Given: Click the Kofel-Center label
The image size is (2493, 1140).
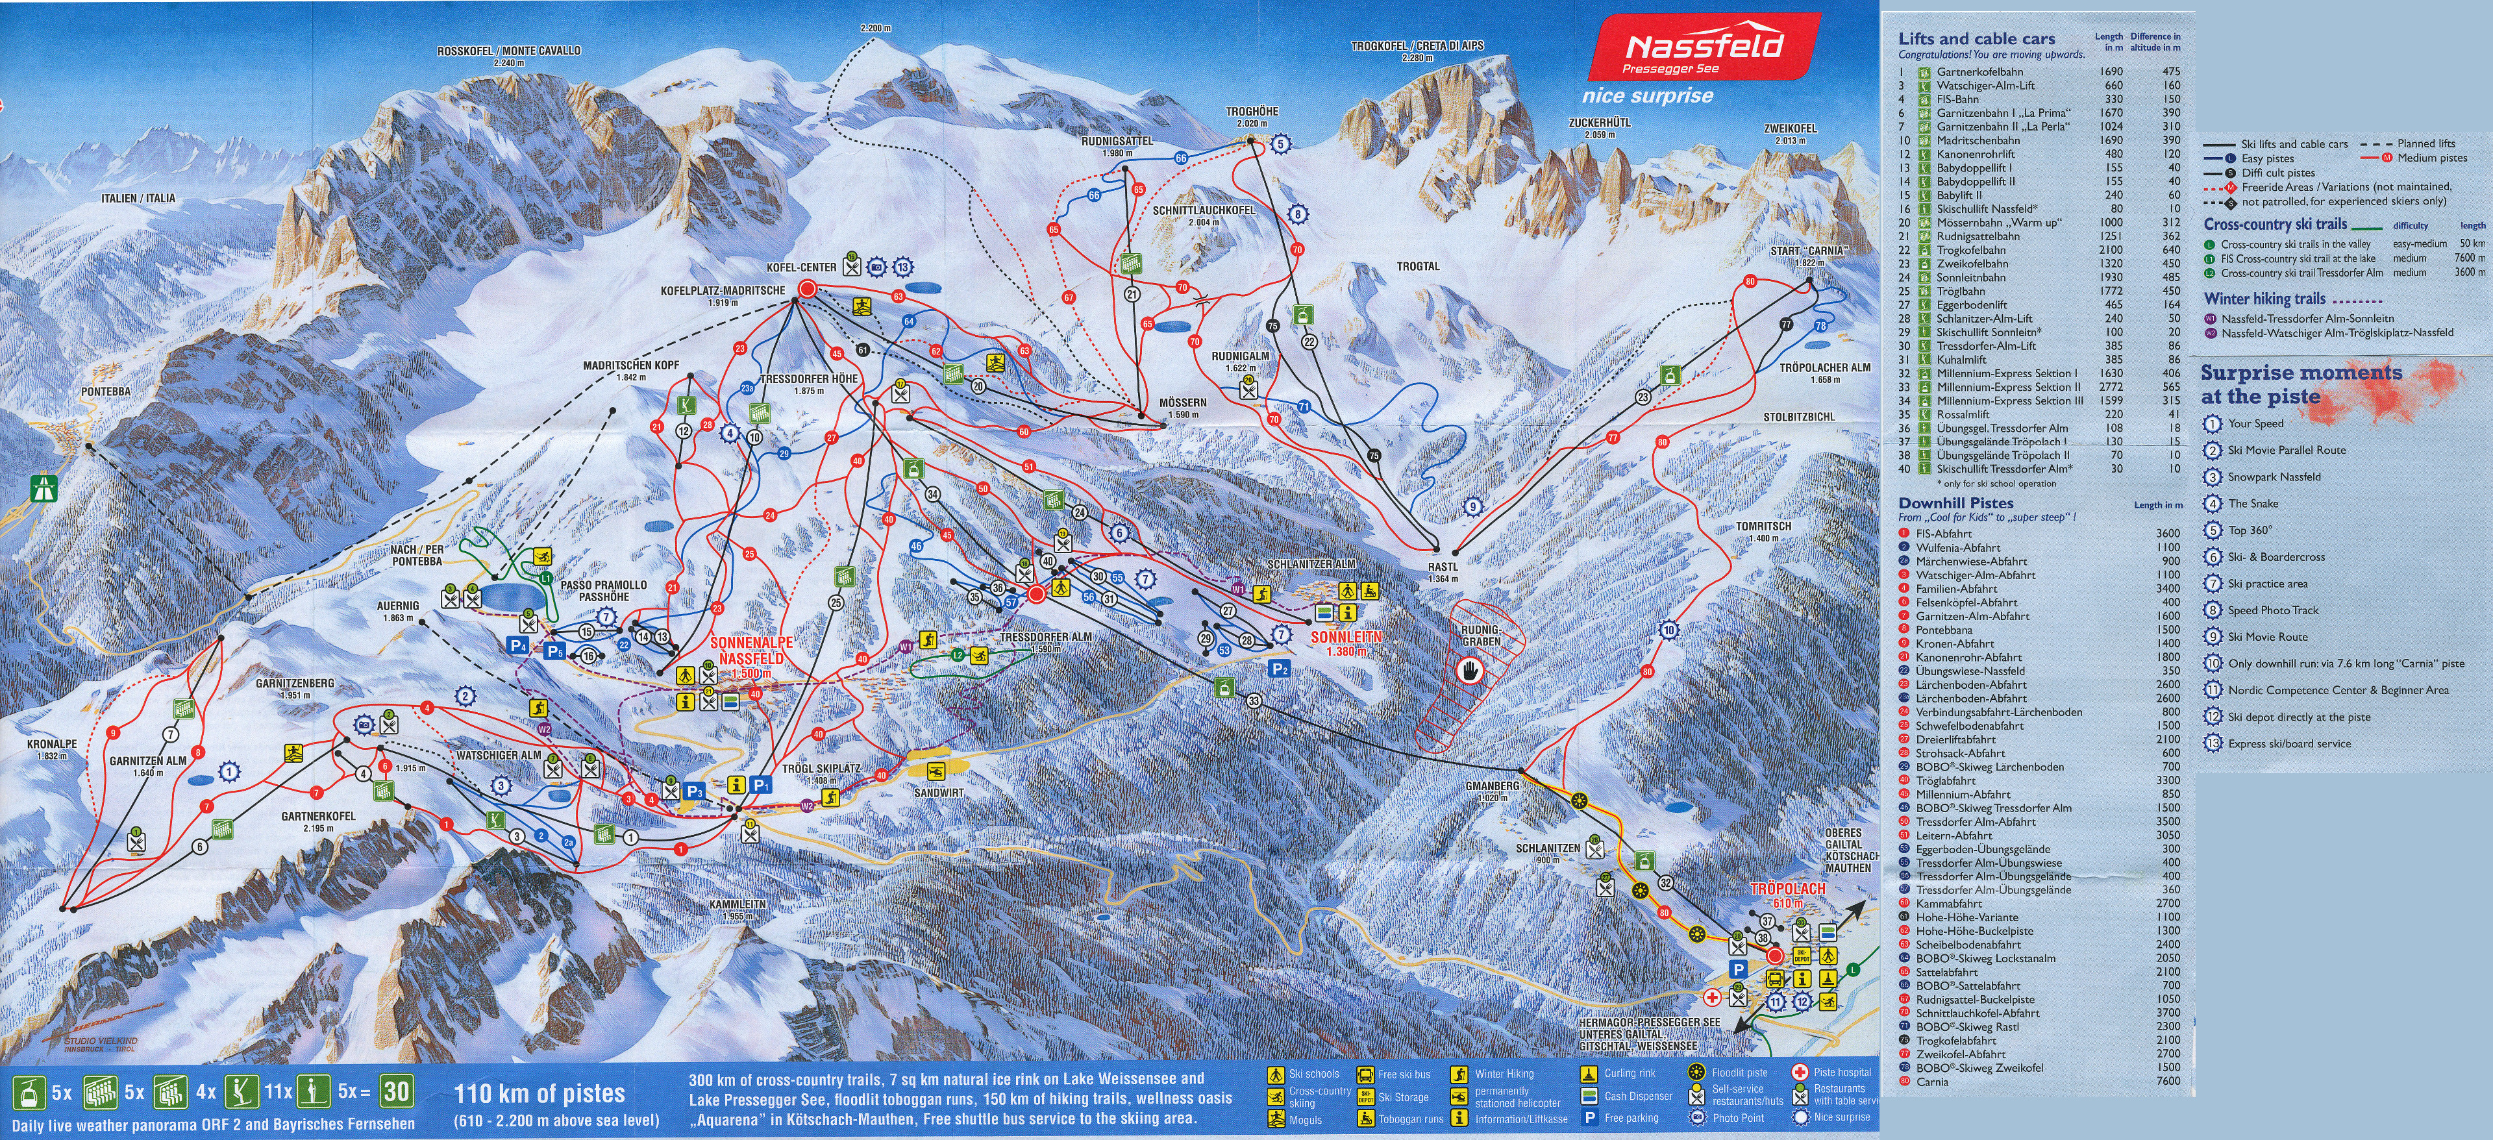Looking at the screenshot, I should [801, 267].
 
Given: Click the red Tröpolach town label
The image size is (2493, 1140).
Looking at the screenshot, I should [1787, 888].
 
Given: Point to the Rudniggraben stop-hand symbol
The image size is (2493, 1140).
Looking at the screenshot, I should [1472, 672].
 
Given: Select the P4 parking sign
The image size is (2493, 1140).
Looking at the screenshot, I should [519, 645].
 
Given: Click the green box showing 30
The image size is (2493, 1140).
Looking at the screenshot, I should [396, 1091].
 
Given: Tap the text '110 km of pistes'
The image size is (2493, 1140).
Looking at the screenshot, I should [538, 1093].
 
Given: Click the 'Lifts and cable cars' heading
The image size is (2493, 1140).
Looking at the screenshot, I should [1976, 39].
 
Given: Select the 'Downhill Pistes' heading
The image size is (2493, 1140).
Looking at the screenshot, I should [1955, 503].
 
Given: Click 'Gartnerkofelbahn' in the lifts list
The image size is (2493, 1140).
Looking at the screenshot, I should [1979, 71].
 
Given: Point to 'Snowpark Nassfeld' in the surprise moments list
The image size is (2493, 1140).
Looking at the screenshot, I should [2274, 477].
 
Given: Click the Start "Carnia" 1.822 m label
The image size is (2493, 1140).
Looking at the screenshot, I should [1808, 256].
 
